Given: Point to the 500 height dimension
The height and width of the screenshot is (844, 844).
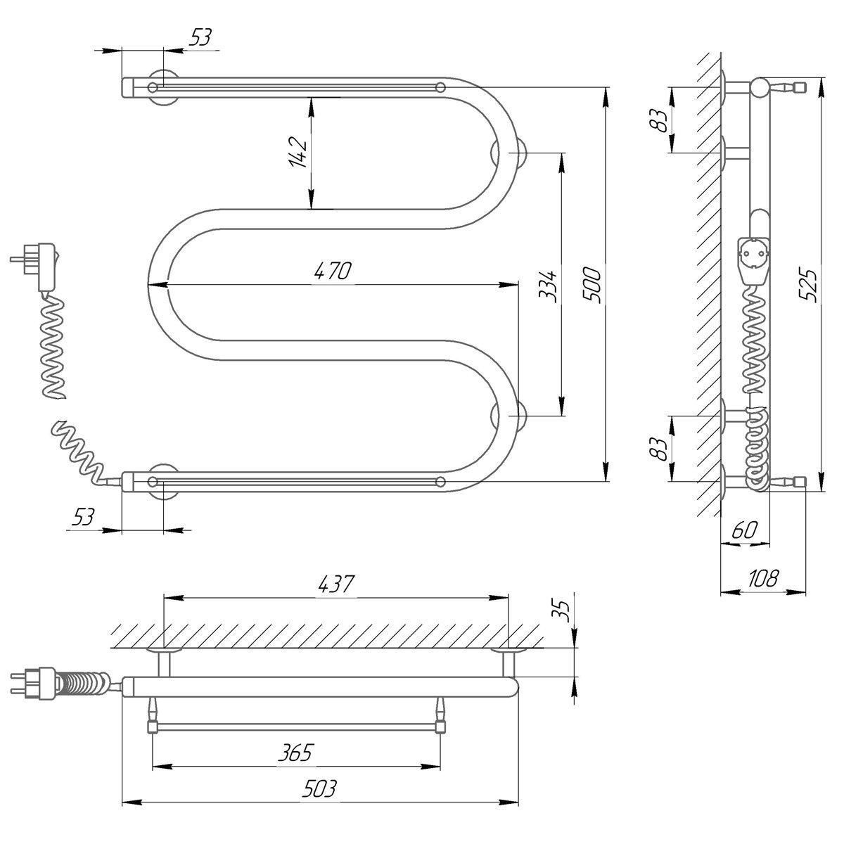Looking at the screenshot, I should [595, 284].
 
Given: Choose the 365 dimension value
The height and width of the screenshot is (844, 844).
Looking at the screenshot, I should [295, 753].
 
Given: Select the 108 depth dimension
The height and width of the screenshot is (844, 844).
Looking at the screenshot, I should [762, 578].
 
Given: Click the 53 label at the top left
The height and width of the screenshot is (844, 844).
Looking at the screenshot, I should [200, 37].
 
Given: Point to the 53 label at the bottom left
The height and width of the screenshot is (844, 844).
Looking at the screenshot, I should [83, 517].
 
